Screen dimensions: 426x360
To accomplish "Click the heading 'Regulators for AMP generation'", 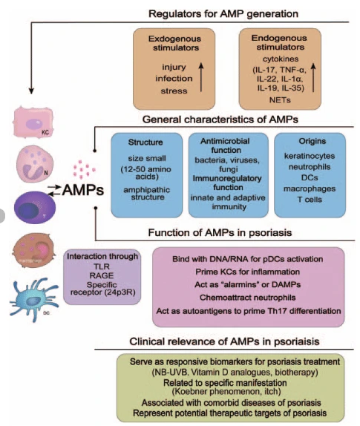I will pos(223,13).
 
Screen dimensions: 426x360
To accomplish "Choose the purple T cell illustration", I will pos(30,208).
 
